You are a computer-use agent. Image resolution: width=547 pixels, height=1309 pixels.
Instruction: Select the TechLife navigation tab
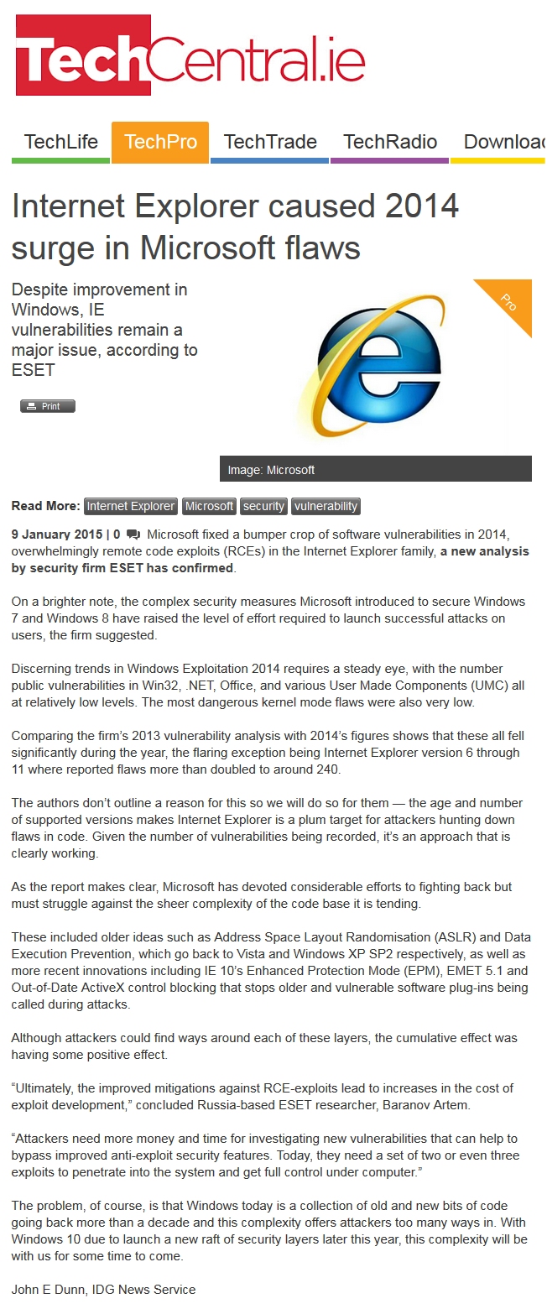tap(61, 142)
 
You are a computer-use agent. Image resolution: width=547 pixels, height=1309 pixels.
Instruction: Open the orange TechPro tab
tap(160, 142)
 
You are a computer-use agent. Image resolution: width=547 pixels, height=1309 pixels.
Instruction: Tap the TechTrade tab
tap(270, 142)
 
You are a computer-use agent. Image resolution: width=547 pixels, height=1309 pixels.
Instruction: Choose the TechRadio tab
tap(390, 142)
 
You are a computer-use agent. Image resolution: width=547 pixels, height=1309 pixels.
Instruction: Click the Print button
tap(48, 406)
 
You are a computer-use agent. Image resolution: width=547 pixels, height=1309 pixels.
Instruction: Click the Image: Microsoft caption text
tap(271, 470)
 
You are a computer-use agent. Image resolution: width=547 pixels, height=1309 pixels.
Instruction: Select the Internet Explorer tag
tap(131, 506)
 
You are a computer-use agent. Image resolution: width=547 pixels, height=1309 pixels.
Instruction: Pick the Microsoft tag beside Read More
tap(209, 506)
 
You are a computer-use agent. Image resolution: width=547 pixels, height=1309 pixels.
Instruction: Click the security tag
tap(263, 506)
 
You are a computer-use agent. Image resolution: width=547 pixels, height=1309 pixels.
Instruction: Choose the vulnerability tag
tap(326, 506)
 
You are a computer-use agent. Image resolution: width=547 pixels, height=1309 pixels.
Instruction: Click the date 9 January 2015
tap(57, 534)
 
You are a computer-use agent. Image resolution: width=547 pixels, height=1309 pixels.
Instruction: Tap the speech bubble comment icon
tap(133, 534)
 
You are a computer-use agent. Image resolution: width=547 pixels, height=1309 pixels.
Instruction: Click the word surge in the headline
tap(51, 248)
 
